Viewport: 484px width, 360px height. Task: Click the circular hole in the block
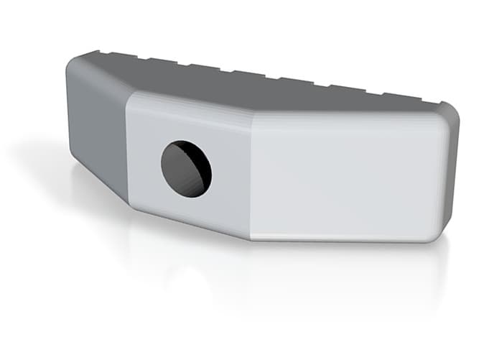point(186,170)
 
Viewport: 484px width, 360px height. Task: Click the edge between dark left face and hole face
point(127,151)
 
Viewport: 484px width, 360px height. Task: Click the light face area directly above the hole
point(187,119)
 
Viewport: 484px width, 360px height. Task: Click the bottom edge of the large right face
point(345,240)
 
